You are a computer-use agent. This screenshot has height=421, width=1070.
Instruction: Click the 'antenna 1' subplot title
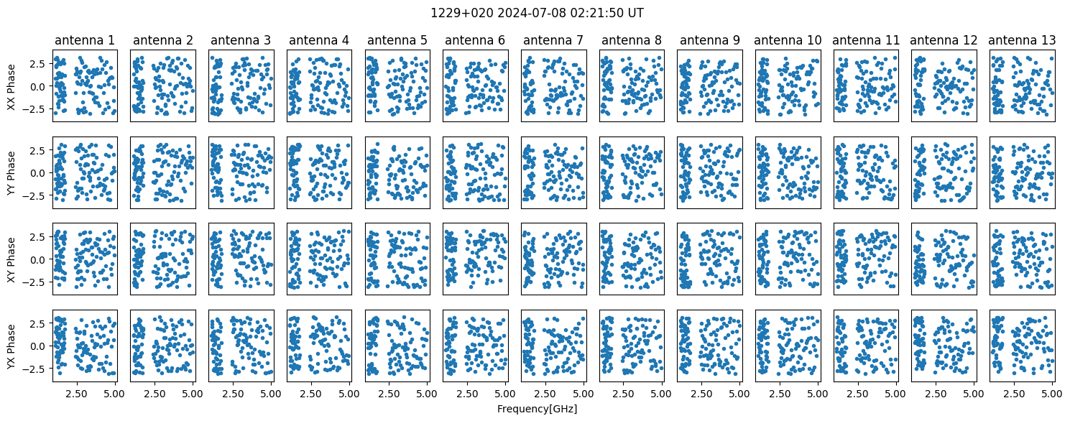84,40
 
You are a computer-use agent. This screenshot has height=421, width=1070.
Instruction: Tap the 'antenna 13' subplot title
1022,40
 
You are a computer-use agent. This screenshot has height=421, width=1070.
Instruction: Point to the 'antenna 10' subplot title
788,40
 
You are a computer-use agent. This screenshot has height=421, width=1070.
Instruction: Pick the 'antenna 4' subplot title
318,40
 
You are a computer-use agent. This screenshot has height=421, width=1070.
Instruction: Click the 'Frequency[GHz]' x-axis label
537,409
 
